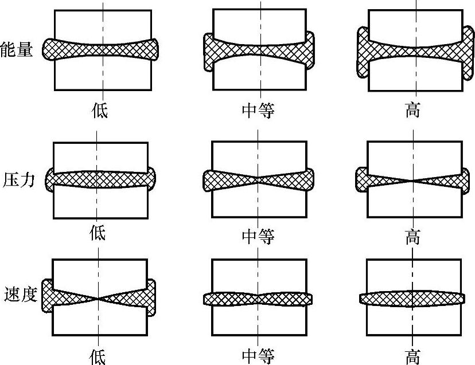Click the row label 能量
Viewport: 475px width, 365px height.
click(17, 49)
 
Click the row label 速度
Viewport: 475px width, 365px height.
click(19, 295)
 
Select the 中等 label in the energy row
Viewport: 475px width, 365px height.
click(258, 109)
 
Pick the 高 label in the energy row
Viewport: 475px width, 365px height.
click(412, 109)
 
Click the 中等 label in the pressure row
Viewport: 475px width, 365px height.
click(258, 236)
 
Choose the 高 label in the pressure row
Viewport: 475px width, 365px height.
click(412, 236)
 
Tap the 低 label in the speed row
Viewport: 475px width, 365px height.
click(98, 356)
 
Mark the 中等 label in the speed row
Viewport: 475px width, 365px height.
click(258, 356)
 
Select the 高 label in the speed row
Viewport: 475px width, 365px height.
click(412, 356)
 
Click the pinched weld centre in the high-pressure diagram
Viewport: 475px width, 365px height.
click(412, 180)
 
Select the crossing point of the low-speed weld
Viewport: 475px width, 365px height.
click(99, 299)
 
